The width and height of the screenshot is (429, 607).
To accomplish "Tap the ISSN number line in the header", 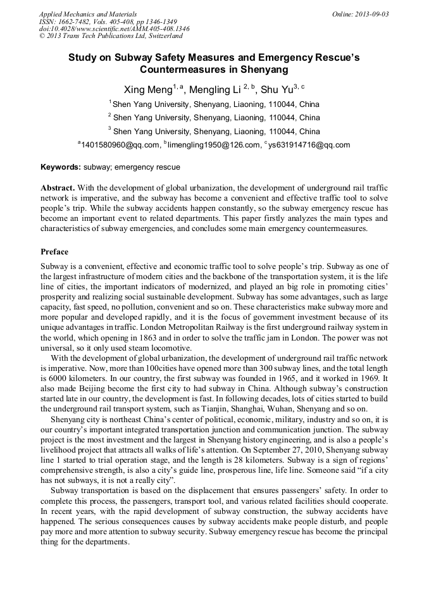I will click(108, 21).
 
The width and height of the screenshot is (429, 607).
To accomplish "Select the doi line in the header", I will click(114, 28).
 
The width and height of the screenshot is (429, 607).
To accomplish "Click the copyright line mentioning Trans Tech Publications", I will click(111, 36).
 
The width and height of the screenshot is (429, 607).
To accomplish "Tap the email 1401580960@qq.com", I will click(120, 145).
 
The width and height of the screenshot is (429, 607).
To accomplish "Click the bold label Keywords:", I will click(61, 167).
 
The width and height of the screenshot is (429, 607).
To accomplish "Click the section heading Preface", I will click(54, 251).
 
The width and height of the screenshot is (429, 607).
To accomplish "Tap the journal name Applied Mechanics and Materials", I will click(87, 13).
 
